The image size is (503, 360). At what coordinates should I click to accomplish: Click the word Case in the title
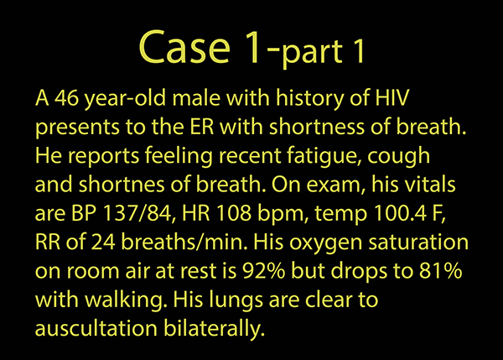click(184, 47)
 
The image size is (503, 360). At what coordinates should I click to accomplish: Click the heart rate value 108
click(234, 213)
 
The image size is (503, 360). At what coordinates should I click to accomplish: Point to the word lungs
click(236, 301)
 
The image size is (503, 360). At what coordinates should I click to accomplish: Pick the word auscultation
click(96, 328)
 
